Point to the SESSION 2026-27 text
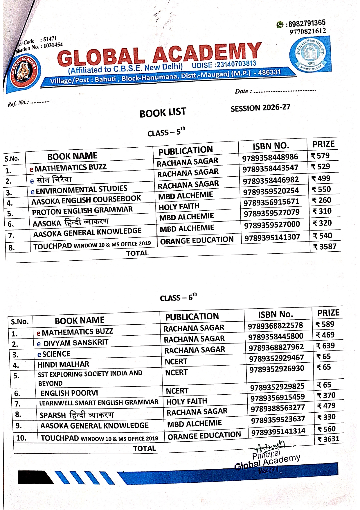pos(260,108)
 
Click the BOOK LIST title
pos(163,112)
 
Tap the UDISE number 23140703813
pos(224,64)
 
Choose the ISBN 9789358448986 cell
pos(270,157)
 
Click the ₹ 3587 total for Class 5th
pos(325,247)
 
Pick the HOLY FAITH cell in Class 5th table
pos(179,207)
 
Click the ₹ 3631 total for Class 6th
pos(328,439)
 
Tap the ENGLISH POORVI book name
pos(69,393)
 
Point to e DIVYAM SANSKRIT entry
pos(73,343)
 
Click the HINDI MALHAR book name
pos(63,364)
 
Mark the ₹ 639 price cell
pos(325,346)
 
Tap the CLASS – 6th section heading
pos(178,297)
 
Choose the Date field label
pos(243,91)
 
